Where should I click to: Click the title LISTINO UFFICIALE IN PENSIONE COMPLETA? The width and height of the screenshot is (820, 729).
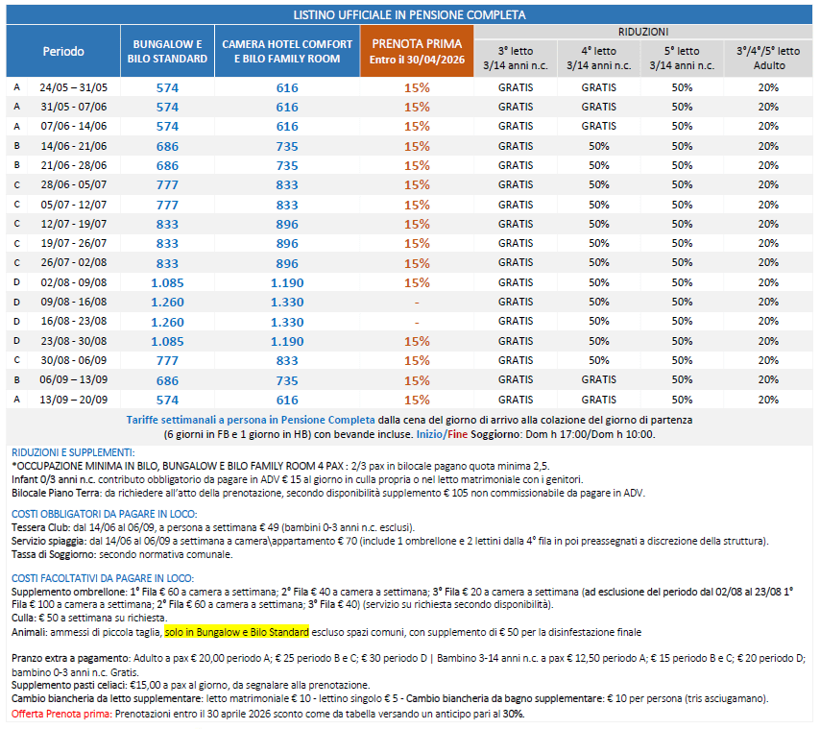409,15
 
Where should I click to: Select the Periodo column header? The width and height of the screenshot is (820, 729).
63,51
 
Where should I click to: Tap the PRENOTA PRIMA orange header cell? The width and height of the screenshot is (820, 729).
417,51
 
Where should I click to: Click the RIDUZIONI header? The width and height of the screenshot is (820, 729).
644,32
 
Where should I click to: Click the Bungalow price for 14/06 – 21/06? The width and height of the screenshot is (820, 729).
167,146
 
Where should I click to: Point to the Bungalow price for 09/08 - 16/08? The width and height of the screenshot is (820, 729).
167,302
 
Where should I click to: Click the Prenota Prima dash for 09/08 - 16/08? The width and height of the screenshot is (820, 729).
417,302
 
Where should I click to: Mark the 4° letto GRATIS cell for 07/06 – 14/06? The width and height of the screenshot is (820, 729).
599,126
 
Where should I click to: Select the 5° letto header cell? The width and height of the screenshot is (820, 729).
682,58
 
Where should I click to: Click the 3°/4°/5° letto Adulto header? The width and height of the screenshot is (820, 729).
768,58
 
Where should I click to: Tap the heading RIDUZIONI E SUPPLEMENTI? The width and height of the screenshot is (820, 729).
72,451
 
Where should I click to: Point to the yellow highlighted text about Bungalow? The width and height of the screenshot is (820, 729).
236,632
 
